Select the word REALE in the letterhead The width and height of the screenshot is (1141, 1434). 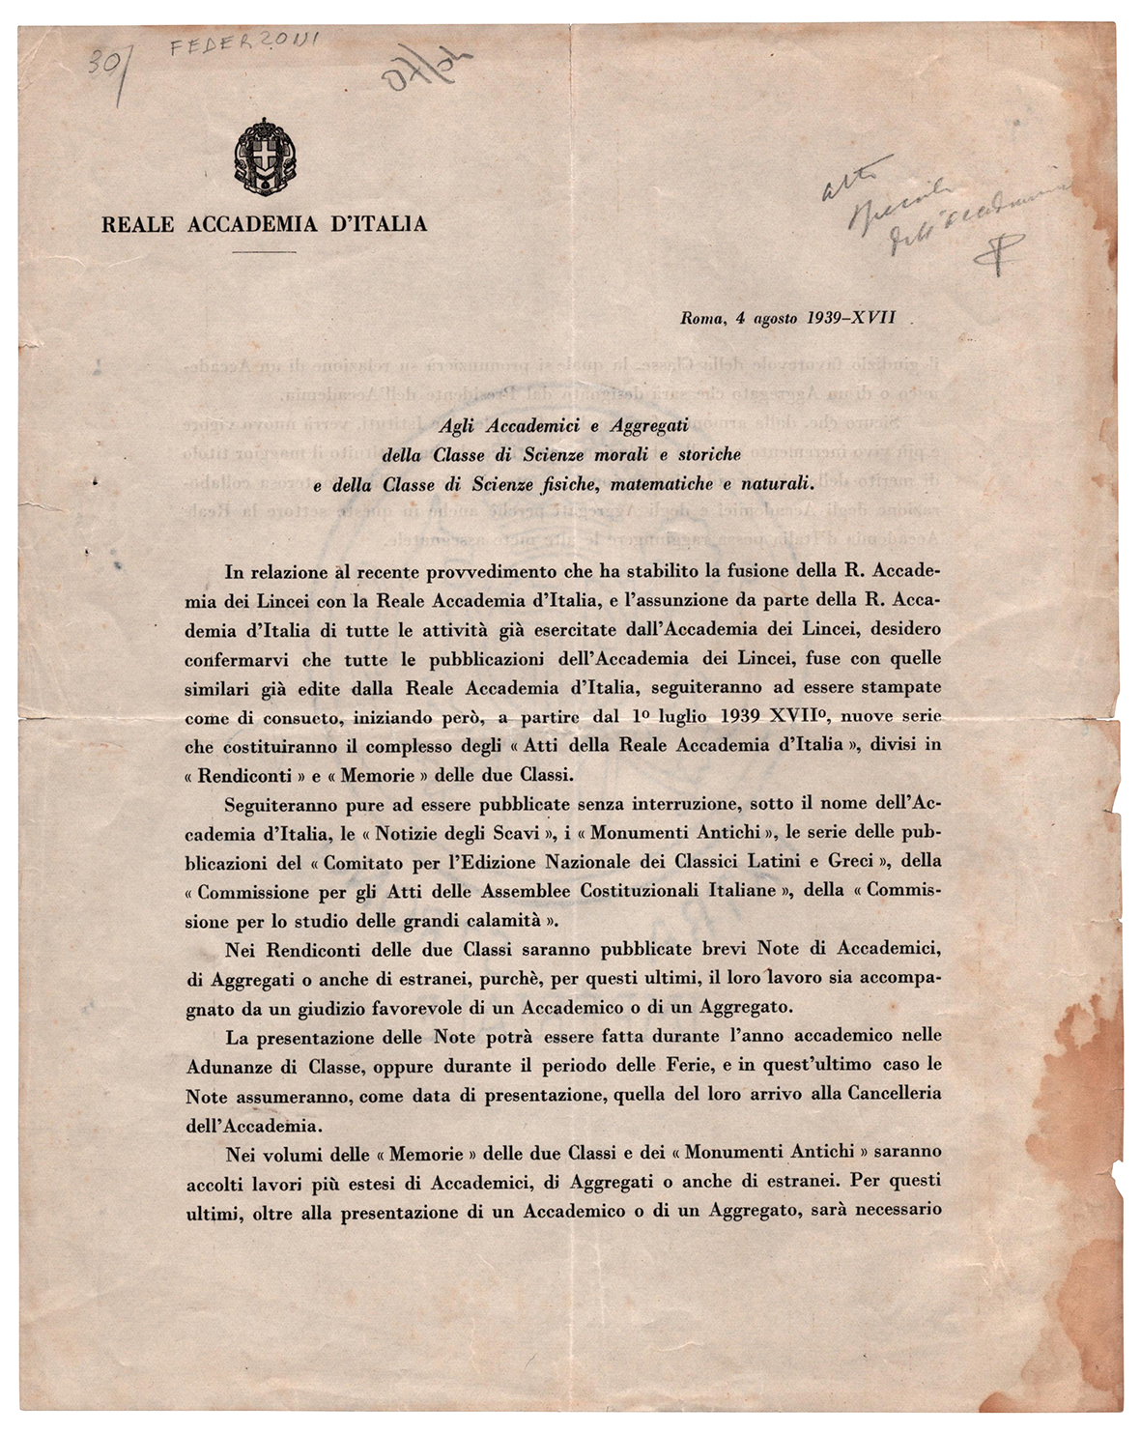click(137, 225)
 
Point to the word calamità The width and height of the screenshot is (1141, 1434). click(501, 920)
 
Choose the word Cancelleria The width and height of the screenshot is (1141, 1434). click(893, 1094)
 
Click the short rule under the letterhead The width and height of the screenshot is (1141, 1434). click(265, 252)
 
